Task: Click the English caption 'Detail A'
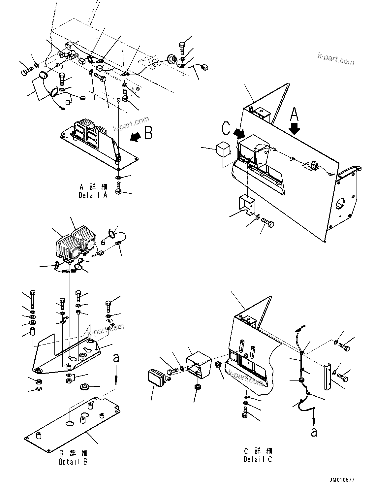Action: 93,195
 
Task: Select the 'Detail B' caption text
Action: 73,462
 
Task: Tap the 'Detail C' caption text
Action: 258,459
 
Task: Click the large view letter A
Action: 294,115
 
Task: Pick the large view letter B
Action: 148,133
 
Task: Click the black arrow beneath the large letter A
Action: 295,130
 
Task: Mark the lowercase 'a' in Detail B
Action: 116,358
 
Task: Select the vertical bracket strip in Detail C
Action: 328,376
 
